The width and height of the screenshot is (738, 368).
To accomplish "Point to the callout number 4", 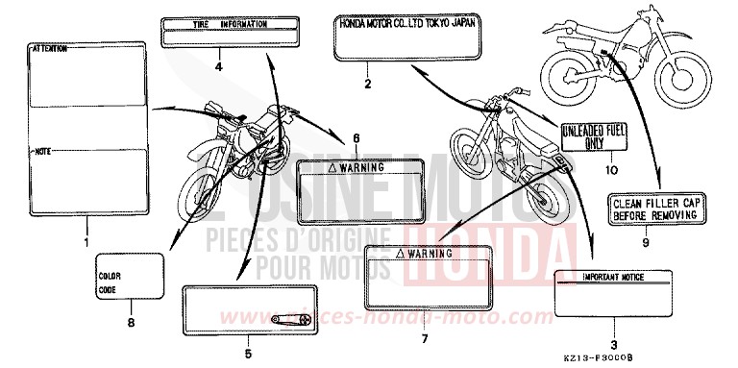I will point(219,67).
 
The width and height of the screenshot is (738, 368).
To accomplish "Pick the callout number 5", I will point(248,355).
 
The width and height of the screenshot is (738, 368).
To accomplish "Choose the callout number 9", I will point(647,244).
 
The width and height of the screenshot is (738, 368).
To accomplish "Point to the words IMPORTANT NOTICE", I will point(611,278).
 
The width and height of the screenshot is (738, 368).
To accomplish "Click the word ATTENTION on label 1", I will point(50,47).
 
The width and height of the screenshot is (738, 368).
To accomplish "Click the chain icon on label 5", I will point(287,319).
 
